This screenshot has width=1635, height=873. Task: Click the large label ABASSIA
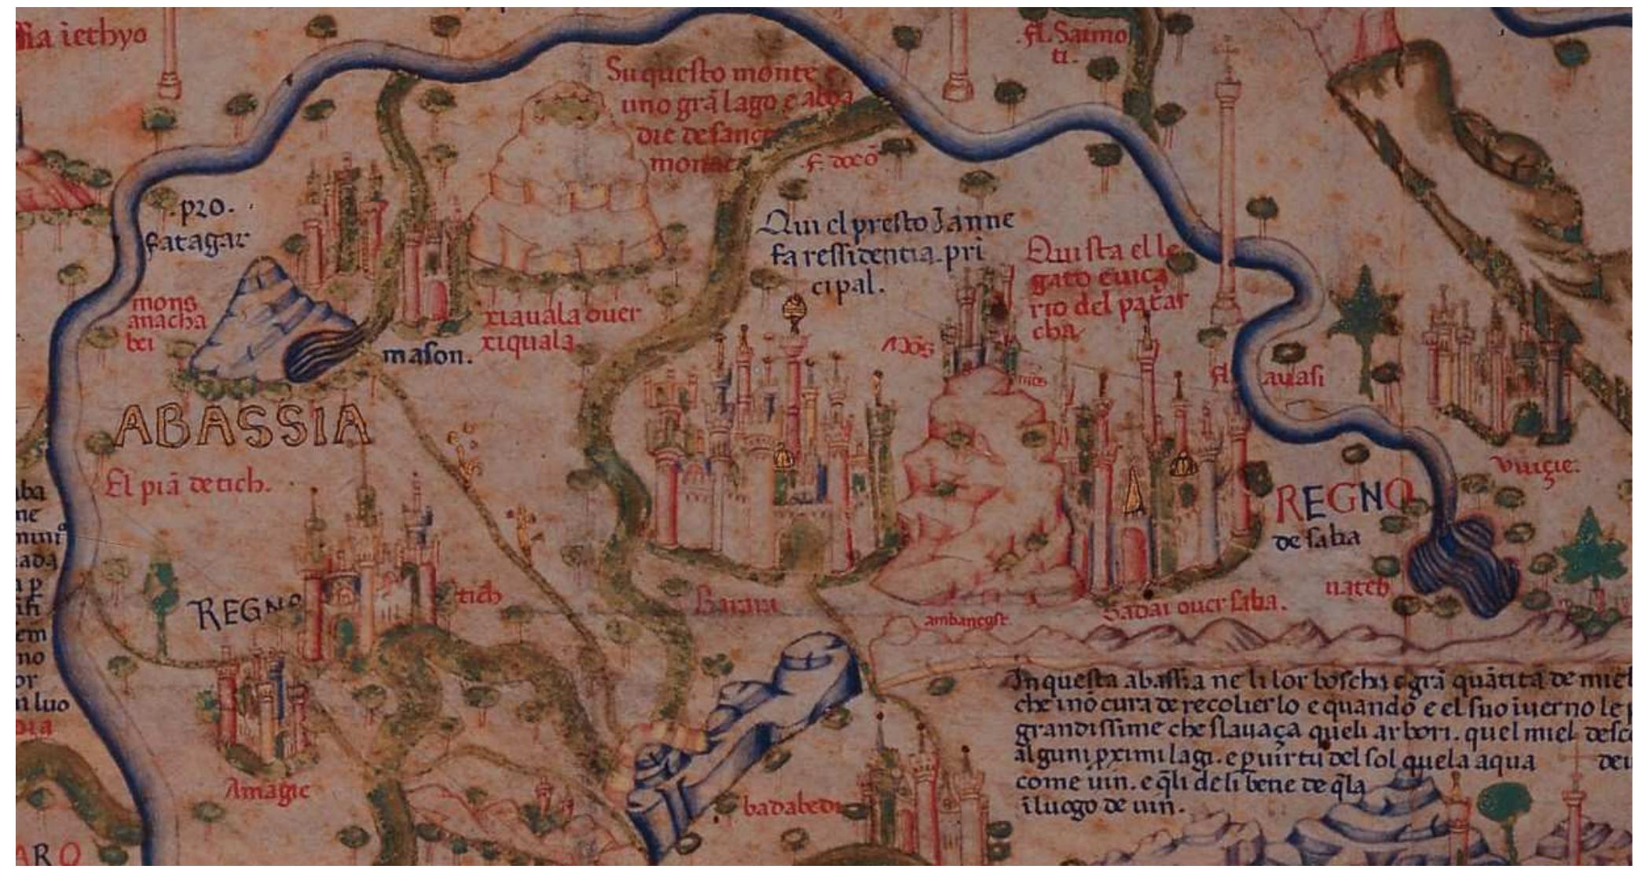pyautogui.click(x=242, y=427)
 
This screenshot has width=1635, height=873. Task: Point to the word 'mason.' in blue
pyautogui.click(x=427, y=356)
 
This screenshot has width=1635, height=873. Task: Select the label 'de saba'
pyautogui.click(x=1315, y=540)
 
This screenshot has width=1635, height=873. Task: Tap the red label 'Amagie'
pyautogui.click(x=267, y=790)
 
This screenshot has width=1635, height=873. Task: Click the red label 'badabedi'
pyautogui.click(x=790, y=806)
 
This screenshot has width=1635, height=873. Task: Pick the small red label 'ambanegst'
pyautogui.click(x=965, y=620)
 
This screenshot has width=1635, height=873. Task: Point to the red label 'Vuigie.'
pyautogui.click(x=1534, y=467)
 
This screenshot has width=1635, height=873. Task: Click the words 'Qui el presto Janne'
pyautogui.click(x=885, y=223)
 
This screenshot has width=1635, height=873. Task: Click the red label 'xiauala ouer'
pyautogui.click(x=561, y=316)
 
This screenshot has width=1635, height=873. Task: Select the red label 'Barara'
pyautogui.click(x=736, y=604)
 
